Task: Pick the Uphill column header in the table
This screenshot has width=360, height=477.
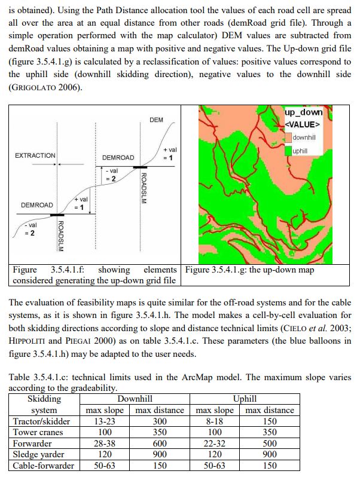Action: pyautogui.click(x=245, y=399)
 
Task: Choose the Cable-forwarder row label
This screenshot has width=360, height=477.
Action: pyautogui.click(x=44, y=465)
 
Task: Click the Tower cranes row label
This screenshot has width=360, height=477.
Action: pyautogui.click(x=38, y=432)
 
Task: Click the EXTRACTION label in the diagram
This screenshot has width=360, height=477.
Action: pyautogui.click(x=35, y=155)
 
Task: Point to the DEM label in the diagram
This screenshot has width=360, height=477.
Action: pyautogui.click(x=156, y=120)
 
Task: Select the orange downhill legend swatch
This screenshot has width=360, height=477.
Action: pyautogui.click(x=288, y=138)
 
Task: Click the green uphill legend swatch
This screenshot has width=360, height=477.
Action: pyautogui.click(x=288, y=151)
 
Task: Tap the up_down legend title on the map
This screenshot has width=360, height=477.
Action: pyautogui.click(x=304, y=112)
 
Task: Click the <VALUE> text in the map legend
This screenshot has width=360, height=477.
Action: pyautogui.click(x=303, y=124)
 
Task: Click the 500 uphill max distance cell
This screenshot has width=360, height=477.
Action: pyautogui.click(x=270, y=443)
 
